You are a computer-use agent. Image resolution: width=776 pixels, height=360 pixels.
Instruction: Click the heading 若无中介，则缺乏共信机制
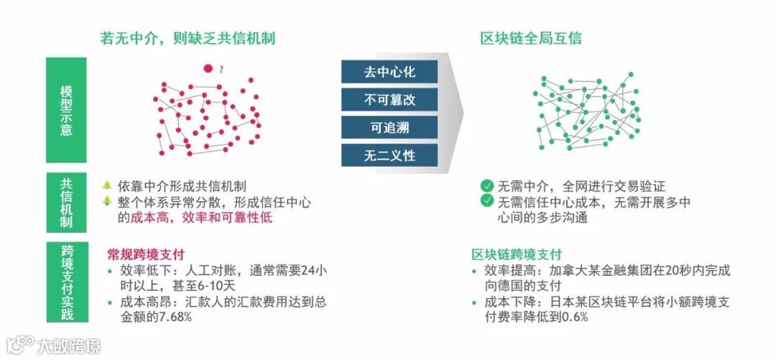tap(188, 38)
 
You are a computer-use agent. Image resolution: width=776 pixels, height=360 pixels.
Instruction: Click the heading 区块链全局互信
tap(531, 38)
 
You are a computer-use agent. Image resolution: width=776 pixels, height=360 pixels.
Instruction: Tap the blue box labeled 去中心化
tap(389, 72)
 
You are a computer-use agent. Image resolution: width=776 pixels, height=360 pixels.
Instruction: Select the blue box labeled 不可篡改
tap(389, 99)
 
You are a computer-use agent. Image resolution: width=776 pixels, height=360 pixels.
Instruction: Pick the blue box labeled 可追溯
tap(389, 126)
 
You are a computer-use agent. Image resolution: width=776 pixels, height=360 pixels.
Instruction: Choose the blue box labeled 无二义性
tap(389, 154)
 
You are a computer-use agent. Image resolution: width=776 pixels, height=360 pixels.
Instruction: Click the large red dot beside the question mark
tap(208, 69)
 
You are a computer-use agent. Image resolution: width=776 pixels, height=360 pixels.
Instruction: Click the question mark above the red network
tap(221, 70)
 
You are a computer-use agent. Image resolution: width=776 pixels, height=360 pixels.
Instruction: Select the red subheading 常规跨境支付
tap(147, 254)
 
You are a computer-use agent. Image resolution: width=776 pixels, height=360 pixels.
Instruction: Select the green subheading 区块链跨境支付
tap(517, 254)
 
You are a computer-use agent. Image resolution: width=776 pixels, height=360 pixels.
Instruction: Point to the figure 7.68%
tap(172, 317)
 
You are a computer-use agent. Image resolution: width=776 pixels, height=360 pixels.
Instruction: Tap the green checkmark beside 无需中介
tap(487, 185)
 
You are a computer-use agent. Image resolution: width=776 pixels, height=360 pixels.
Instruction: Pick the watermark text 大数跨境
tap(69, 346)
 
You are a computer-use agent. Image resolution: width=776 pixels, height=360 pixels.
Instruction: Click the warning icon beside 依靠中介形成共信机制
tap(107, 185)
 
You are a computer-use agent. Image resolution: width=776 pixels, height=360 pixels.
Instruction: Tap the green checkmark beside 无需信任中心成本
tap(487, 201)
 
